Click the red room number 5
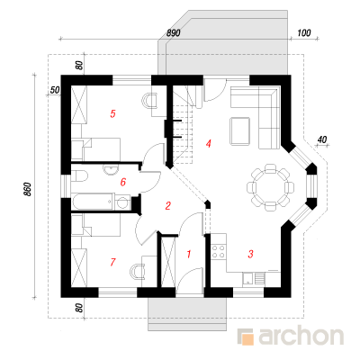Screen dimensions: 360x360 coord(112,113)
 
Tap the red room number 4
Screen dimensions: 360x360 coord(209,144)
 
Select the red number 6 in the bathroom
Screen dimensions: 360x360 coord(123,182)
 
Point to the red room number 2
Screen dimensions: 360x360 coord(167,206)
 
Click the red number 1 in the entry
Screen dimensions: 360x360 coord(189,255)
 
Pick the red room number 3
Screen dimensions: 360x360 coord(250,254)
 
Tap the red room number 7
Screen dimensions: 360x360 coord(112,262)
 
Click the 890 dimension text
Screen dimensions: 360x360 coord(174,33)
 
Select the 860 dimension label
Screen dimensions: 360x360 coord(27,189)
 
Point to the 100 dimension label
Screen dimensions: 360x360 coord(304,32)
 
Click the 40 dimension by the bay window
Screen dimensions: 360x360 coord(321,139)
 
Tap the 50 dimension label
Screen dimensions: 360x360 coord(55,90)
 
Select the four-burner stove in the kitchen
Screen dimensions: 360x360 coord(218,251)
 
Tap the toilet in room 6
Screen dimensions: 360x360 coord(79,176)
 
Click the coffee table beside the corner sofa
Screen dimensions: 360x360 coord(239,130)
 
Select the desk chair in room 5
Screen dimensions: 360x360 coord(149,101)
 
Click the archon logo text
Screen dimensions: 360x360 coord(301,337)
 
